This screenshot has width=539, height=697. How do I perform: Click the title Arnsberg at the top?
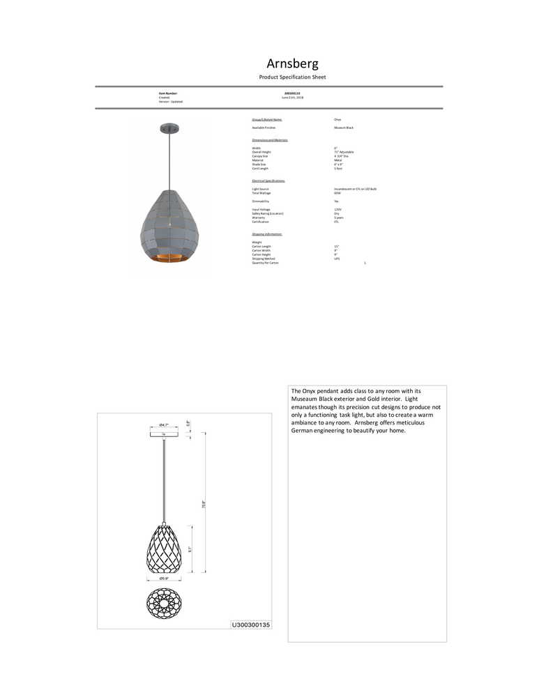[x=292, y=63]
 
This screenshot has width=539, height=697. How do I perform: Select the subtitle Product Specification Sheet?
[x=292, y=77]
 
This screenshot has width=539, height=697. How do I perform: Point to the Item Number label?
[x=168, y=93]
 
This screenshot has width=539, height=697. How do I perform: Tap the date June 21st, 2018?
[x=292, y=98]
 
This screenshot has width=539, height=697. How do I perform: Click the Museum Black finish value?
[x=344, y=128]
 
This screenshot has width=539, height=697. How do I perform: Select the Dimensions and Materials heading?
[x=270, y=140]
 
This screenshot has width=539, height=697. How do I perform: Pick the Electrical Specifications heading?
[x=268, y=181]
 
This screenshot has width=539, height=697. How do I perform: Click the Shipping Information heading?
[x=267, y=234]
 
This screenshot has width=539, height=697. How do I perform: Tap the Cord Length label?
[x=260, y=169]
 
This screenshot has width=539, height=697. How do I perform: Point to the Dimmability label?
[x=261, y=201]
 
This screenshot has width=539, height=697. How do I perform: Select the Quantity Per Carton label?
[x=265, y=263]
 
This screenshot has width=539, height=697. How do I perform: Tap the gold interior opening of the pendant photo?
[x=169, y=259]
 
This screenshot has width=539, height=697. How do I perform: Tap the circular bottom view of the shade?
[x=165, y=604]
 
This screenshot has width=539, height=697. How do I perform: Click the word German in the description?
[x=305, y=431]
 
